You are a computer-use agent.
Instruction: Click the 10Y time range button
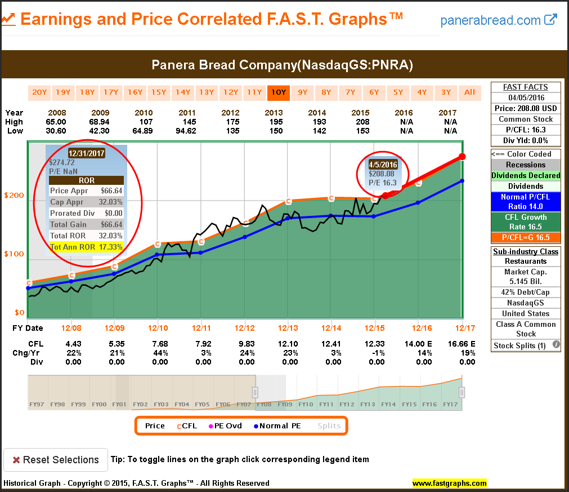pos(278,92)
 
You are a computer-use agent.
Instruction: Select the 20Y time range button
pos(39,92)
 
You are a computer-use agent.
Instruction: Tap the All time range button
pos(469,92)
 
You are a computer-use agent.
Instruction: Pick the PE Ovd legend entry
pos(225,425)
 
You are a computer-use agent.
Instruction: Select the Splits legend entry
pos(329,425)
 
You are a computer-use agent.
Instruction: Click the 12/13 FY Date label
pos(288,328)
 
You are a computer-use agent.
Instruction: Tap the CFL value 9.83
pos(247,344)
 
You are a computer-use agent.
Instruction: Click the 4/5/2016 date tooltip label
pos(382,165)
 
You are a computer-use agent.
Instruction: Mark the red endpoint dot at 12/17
pos(462,157)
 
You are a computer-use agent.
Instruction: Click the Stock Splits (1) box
pos(526,345)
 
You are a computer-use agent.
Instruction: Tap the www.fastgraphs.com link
pos(449,483)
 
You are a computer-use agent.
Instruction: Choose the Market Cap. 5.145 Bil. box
pos(526,277)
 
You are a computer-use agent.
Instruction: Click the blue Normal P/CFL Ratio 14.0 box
pos(526,202)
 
